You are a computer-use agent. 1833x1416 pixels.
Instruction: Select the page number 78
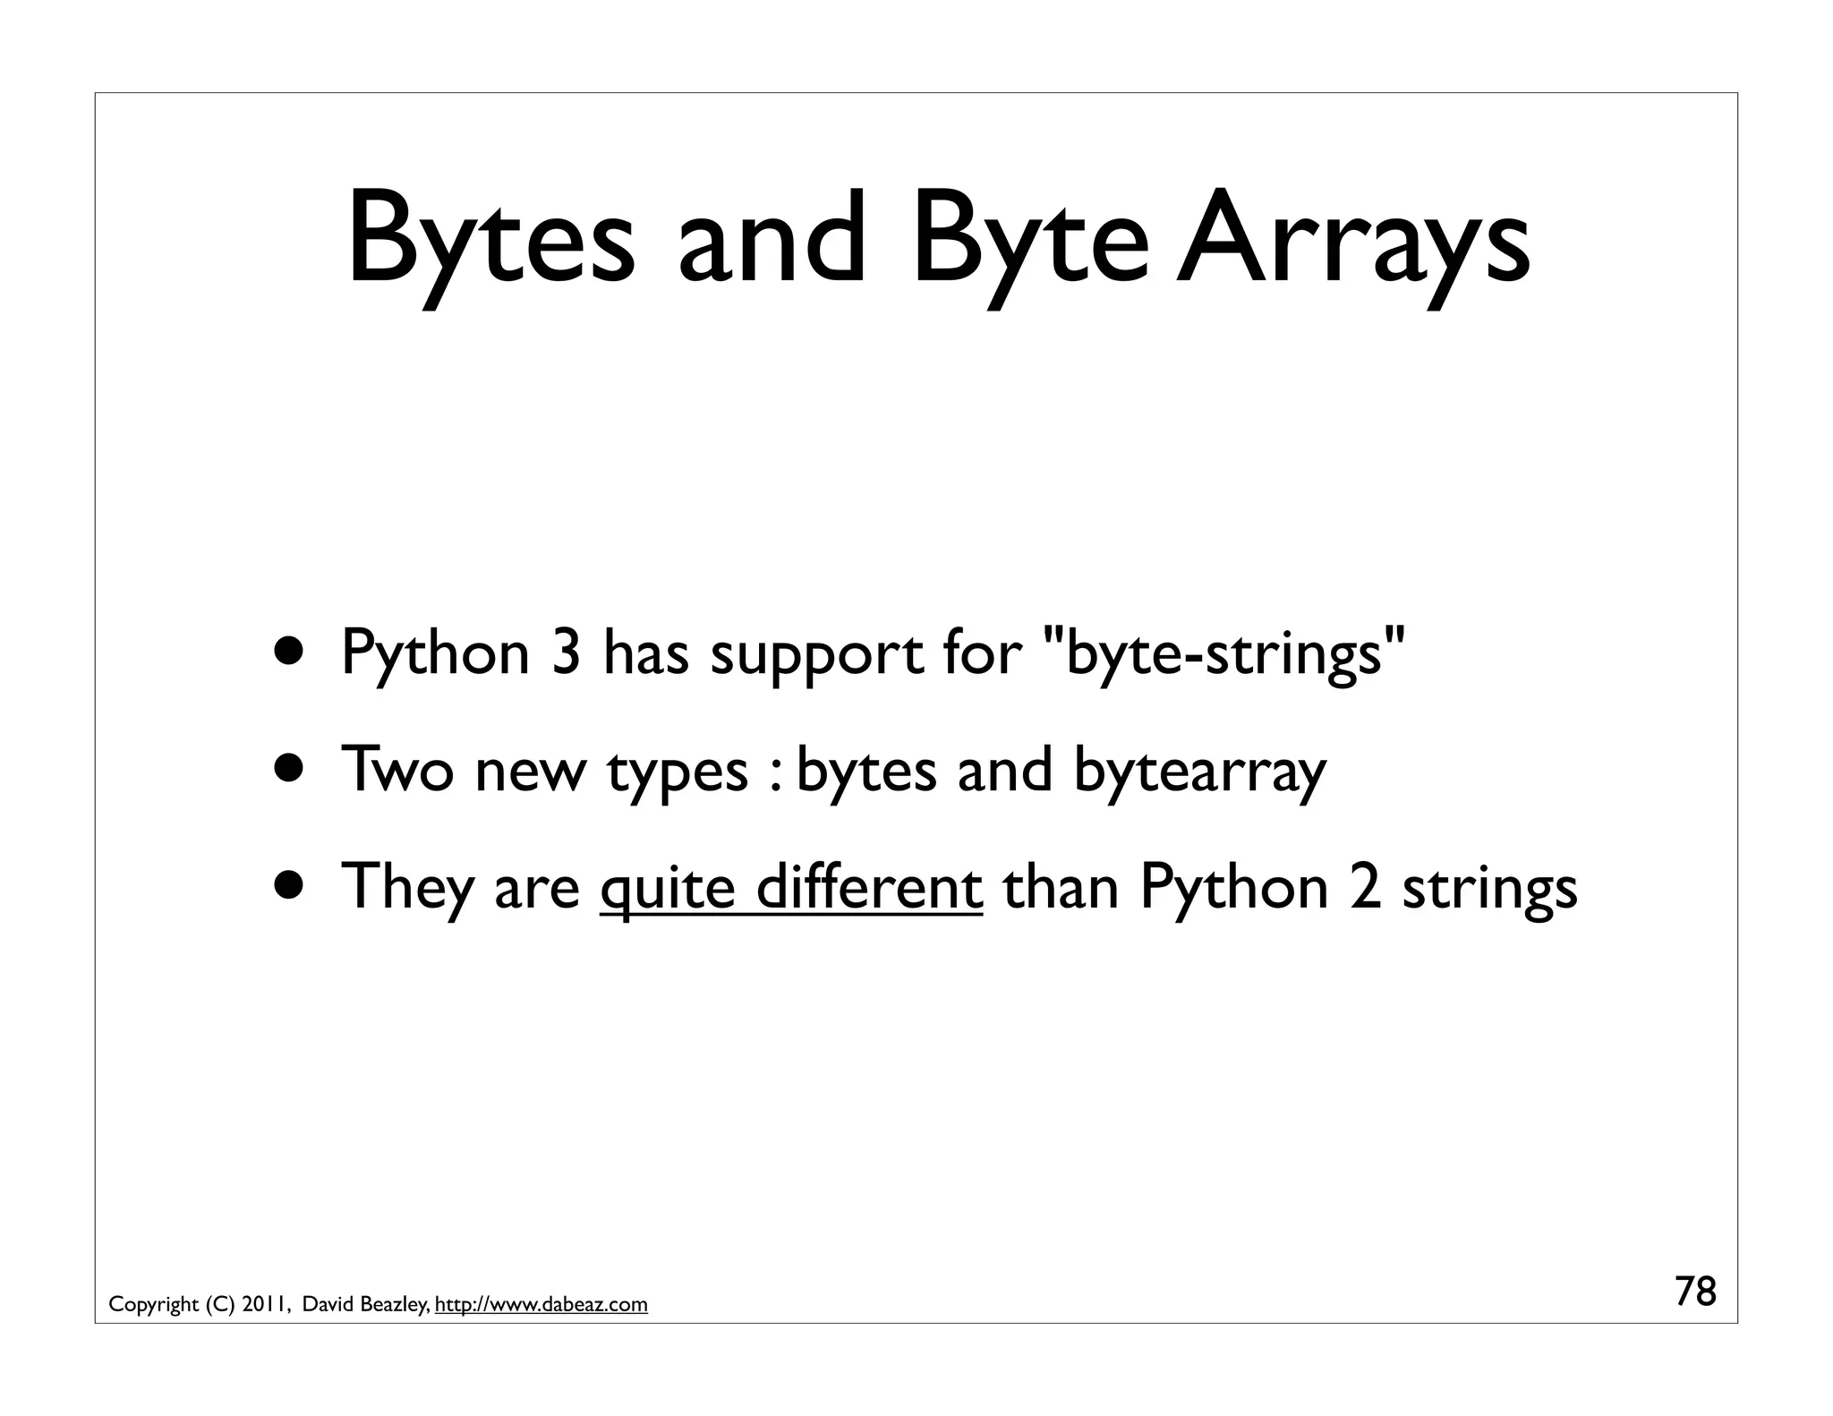coord(1695,1292)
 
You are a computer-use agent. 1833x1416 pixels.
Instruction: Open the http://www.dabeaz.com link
coord(541,1305)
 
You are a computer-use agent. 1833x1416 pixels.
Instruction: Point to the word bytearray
coord(1198,772)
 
